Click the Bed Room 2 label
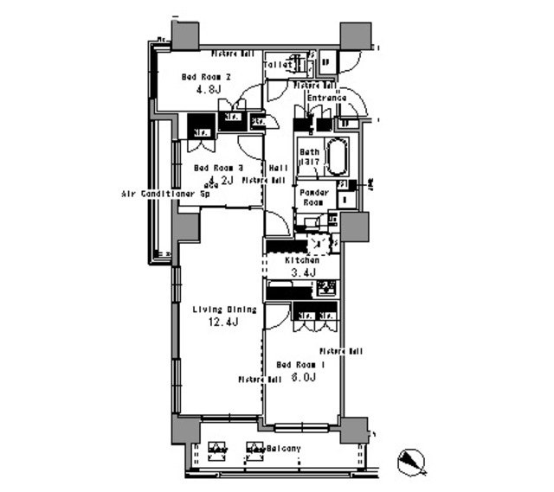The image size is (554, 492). coord(206,76)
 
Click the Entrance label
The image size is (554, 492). coord(326,98)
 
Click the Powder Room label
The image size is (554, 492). coord(312,197)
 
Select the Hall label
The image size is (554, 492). coord(279,168)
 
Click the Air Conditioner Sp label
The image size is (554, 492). coord(165,195)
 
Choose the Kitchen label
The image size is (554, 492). coord(301,260)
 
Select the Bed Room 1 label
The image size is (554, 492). coord(300,364)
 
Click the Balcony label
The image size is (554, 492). coord(283,448)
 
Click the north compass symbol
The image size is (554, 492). coord(413,462)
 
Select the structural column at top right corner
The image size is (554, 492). coord(354,36)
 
